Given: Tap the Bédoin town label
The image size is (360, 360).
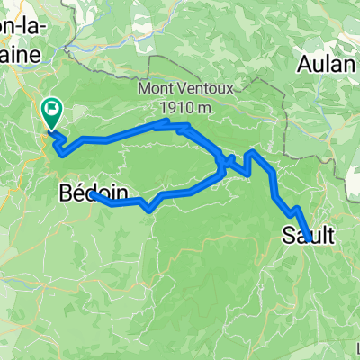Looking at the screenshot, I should (88, 192).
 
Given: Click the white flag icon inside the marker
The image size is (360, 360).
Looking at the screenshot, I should (53, 111).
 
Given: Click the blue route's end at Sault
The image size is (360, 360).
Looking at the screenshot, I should (309, 238).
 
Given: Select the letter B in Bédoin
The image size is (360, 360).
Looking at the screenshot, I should (64, 192).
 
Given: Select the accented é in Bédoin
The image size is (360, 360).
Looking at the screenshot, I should (76, 192).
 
